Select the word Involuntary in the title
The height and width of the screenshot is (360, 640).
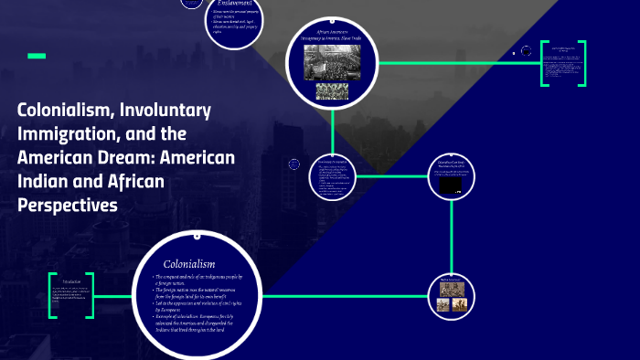coord(167,111)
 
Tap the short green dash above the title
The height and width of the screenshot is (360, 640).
coord(37,56)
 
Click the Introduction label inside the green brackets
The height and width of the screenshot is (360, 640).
coord(70,281)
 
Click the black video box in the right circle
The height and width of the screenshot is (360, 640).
coord(452,185)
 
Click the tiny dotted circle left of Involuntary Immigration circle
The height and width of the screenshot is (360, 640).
coord(293,164)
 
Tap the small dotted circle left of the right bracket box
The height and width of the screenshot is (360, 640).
coord(515,53)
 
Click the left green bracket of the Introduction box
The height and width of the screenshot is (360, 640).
coord(52,294)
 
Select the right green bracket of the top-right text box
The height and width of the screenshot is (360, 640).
coord(581,63)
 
